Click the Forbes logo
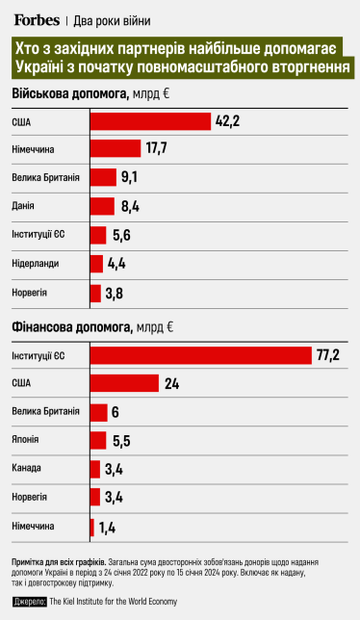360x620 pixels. click(36, 18)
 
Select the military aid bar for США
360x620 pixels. click(149, 120)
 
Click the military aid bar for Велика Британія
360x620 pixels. click(102, 177)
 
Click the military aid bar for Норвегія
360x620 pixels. click(94, 293)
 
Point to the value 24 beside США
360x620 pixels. click(172, 383)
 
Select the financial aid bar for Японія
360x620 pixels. click(97, 440)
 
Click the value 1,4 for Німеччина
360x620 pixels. click(107, 527)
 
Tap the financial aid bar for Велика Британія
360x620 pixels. click(98, 412)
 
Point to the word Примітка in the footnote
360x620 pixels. click(33, 560)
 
